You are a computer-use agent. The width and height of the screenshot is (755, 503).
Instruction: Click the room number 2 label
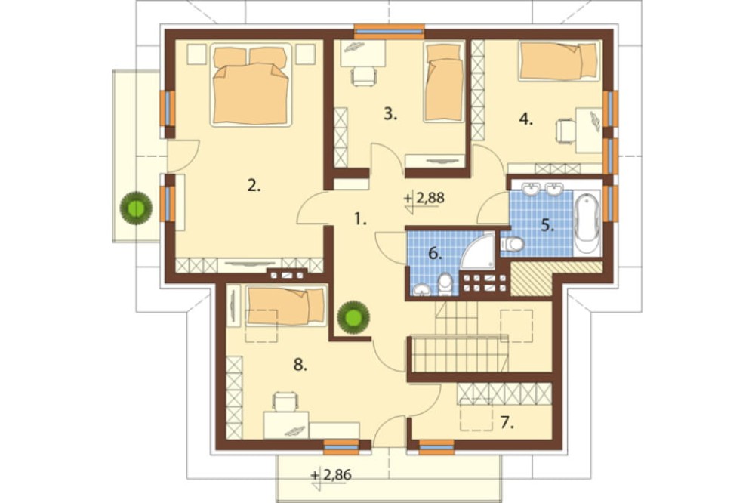[254, 185]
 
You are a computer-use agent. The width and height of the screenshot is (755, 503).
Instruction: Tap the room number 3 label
[390, 114]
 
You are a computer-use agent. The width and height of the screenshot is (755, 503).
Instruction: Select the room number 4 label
[525, 119]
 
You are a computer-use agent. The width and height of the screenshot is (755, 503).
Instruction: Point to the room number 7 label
[507, 423]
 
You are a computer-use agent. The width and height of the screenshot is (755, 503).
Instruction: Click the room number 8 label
[300, 365]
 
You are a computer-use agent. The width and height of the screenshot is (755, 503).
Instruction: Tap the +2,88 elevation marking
[424, 199]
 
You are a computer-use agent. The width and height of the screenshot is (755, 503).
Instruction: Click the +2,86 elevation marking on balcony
[331, 476]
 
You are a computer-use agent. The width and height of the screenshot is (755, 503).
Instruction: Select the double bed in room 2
[251, 85]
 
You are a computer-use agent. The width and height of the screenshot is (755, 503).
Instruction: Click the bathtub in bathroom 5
[587, 222]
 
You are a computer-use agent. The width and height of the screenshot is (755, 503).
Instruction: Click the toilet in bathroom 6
[445, 284]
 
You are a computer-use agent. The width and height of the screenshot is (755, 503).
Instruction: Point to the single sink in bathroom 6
[422, 289]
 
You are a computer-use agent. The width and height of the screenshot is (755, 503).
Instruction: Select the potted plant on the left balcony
[136, 208]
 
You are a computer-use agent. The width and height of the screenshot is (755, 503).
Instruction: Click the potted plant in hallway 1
[354, 317]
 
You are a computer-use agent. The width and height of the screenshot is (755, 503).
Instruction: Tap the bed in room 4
[559, 60]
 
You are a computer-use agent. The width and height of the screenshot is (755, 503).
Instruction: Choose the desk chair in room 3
[364, 76]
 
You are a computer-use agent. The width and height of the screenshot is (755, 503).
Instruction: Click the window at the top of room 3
[389, 31]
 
